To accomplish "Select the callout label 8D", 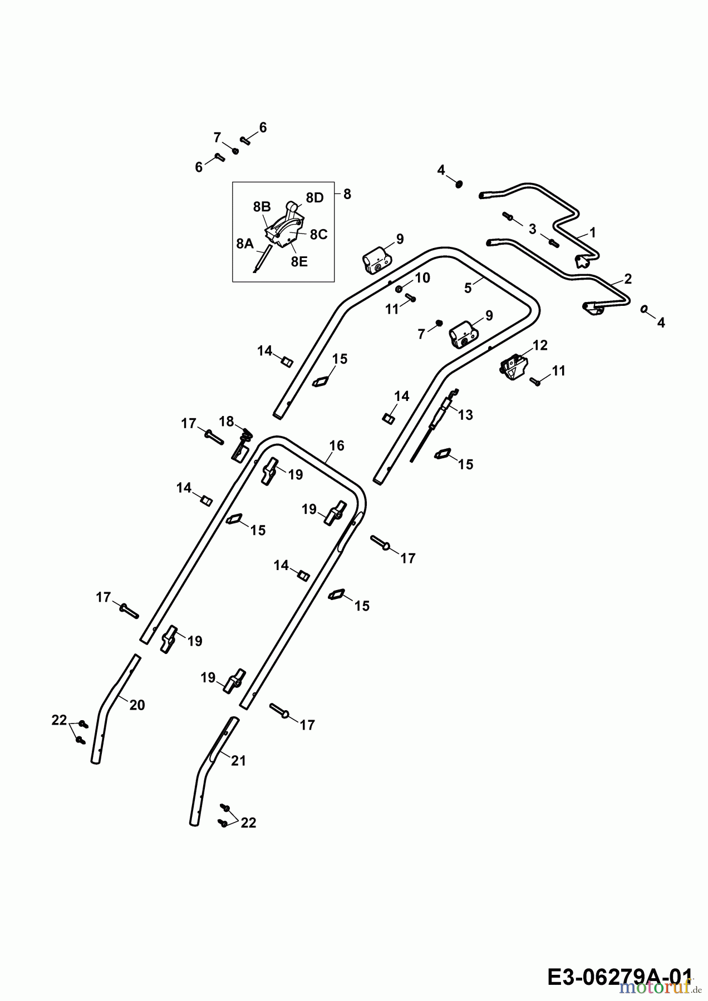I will coord(314,199).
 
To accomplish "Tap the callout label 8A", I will coord(245,244).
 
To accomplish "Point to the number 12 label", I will coord(540,345).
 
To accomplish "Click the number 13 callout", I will coord(465,415).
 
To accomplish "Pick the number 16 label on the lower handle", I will coord(337,446).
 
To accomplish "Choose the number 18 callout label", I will coord(226,421).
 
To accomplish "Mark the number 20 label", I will coord(137,705).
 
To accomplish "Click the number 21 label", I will coord(238,761).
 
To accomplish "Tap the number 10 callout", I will coord(423,278).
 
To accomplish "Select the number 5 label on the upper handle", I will coord(468,288).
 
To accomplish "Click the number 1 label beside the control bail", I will coord(593,232).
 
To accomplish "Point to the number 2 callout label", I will coord(628,279).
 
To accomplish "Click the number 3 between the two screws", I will coord(533,229).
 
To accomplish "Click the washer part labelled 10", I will coord(400,289).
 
